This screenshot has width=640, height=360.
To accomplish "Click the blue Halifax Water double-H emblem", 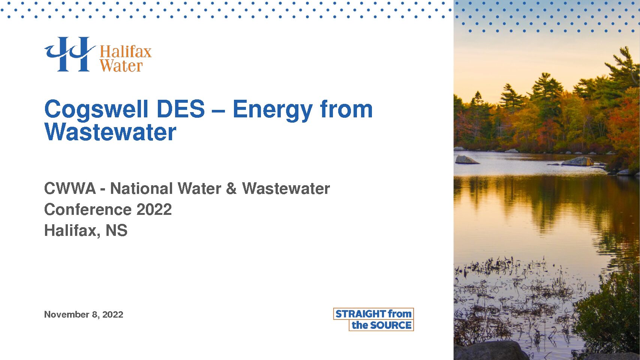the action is click(70, 54).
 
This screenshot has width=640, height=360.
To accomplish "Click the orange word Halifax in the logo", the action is click(126, 52).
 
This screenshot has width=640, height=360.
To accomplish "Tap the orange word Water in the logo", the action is click(121, 66).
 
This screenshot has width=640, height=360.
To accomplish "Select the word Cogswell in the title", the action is click(96, 110).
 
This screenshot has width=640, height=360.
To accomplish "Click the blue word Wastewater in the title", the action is click(110, 132).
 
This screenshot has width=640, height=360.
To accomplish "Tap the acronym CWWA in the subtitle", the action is click(70, 189).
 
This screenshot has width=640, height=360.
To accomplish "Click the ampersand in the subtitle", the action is click(231, 189).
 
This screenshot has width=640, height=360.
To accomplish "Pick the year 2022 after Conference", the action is click(154, 209).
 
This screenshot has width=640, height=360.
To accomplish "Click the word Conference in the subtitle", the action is click(88, 209).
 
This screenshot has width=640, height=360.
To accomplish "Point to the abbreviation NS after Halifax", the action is click(117, 230).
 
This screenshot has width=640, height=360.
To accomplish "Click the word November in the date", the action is click(67, 315).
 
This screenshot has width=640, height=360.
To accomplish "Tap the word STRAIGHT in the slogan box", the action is click(361, 314).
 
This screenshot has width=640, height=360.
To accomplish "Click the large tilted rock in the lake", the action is click(466, 160).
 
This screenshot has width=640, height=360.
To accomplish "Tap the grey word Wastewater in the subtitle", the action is click(286, 189).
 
